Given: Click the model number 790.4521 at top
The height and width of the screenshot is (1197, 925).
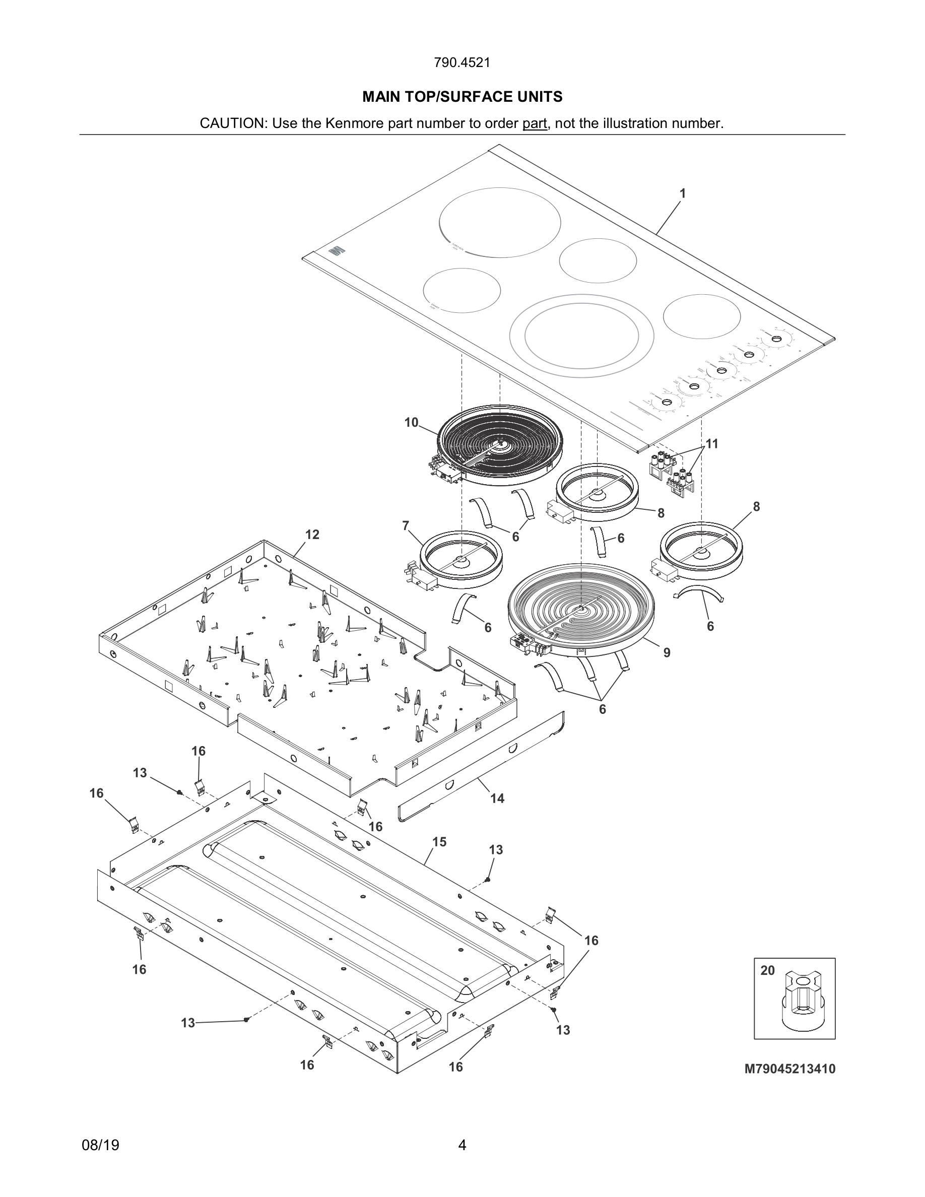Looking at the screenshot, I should click(x=462, y=62).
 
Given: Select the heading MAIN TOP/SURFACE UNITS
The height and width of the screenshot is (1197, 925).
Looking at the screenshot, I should click(x=462, y=97).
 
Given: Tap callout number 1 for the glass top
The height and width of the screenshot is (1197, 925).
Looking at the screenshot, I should click(x=682, y=193).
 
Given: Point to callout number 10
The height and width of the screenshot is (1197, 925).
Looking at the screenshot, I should click(x=411, y=423).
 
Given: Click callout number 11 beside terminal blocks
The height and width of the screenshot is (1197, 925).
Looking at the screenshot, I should click(x=712, y=443).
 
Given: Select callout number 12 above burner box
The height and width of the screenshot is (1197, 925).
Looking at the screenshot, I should click(x=312, y=535).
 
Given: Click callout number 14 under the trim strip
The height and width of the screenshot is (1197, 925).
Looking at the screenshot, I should click(x=497, y=799).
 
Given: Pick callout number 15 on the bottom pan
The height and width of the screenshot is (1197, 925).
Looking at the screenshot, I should click(x=439, y=841).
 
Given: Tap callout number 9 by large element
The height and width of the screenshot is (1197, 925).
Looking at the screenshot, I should click(x=667, y=653).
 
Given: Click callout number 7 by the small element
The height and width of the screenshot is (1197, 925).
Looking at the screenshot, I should click(x=406, y=526).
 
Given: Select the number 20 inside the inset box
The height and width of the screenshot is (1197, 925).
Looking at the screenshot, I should click(x=768, y=971).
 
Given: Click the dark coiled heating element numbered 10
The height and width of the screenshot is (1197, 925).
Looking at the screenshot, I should click(x=501, y=443).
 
